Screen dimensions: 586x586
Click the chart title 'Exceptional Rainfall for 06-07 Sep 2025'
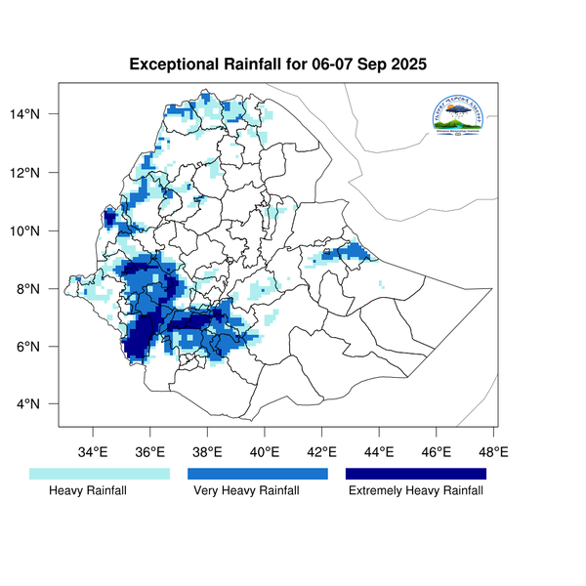point(279,65)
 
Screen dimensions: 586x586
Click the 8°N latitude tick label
point(39,289)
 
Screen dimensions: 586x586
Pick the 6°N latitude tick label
point(39,347)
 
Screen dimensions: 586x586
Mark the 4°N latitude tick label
point(39,404)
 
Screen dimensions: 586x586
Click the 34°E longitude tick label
point(93,451)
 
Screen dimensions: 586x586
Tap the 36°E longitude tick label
point(150,451)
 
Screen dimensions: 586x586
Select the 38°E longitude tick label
point(207,451)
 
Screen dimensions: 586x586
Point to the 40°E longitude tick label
point(265,451)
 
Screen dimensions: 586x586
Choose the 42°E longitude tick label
point(322,451)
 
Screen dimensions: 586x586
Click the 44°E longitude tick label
point(379,451)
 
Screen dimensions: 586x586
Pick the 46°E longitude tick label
point(437,451)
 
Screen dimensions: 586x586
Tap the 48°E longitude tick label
point(493,451)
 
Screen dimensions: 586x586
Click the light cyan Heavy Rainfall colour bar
point(100,474)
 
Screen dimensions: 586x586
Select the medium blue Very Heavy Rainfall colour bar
point(258,474)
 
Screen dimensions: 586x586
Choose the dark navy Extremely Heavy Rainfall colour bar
point(416,474)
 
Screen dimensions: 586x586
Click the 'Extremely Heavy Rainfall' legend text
point(416,491)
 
